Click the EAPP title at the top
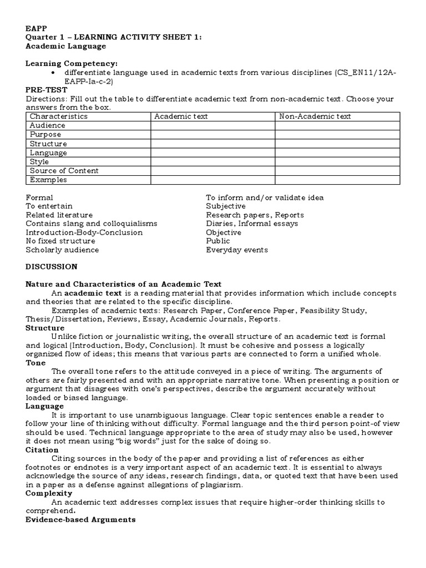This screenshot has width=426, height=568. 35,29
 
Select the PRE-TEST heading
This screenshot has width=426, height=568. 47,90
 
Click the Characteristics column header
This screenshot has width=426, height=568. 58,116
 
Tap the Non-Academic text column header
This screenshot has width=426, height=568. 315,116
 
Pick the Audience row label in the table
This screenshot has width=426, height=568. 48,125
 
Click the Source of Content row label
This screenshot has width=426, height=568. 64,171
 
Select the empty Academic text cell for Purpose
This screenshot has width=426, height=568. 212,135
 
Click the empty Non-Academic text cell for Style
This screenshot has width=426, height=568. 337,162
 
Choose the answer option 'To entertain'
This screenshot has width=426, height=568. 49,206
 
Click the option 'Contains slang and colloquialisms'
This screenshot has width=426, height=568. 92,224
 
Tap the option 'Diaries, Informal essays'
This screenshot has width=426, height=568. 252,224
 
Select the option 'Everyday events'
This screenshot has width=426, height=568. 237,250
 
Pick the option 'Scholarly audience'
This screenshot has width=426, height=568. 62,250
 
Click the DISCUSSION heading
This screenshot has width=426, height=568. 52,267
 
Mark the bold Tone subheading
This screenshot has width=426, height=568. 35,363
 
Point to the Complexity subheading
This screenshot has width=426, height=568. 49,493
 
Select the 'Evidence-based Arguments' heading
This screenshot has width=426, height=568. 80,519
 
